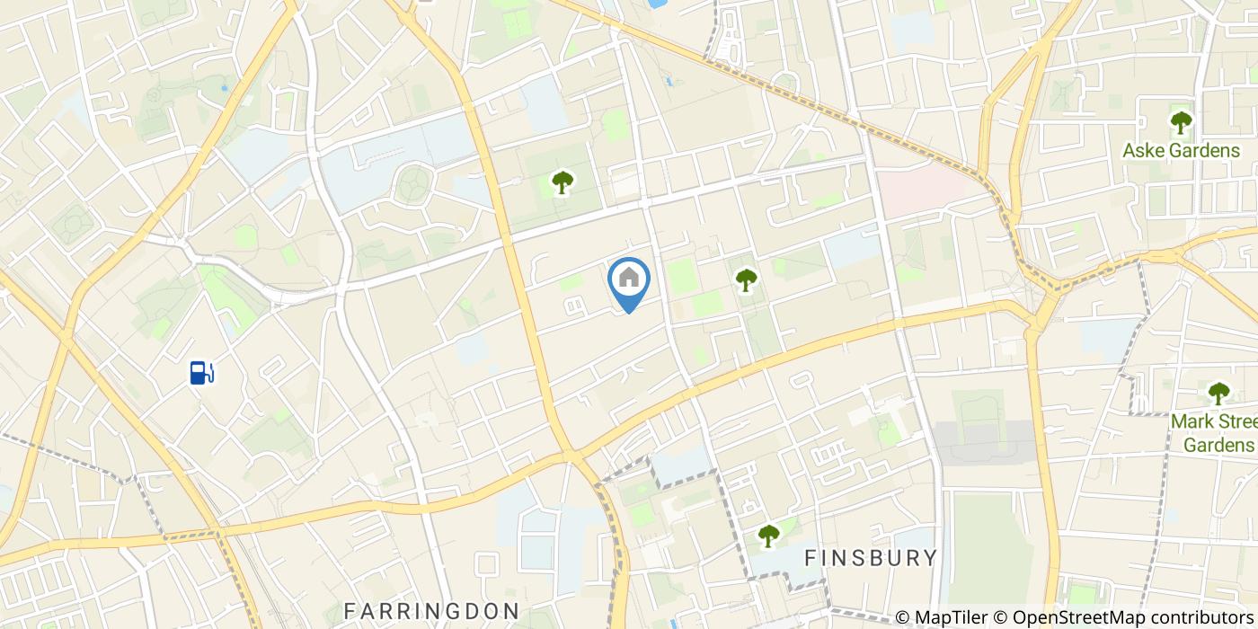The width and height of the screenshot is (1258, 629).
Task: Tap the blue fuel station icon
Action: pos(201,372)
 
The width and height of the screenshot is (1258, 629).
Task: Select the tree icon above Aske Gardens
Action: pos(1181,122)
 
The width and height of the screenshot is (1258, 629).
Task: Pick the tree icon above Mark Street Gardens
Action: pos(1218,393)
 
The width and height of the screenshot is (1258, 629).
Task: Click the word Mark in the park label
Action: pos(1192,421)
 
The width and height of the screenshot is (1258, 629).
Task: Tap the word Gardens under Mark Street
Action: pos(1219,445)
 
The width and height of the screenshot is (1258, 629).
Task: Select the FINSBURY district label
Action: pos(871,558)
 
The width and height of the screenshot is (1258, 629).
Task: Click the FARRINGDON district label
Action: pos(432,611)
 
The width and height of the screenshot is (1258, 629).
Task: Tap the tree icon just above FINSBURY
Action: pos(768,536)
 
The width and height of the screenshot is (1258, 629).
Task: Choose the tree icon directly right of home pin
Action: pos(746,280)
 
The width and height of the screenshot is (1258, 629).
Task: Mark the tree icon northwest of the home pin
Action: pos(563,182)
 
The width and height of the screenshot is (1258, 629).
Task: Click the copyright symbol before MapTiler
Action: pos(903,617)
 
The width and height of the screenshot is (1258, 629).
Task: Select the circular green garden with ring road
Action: pos(413,184)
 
